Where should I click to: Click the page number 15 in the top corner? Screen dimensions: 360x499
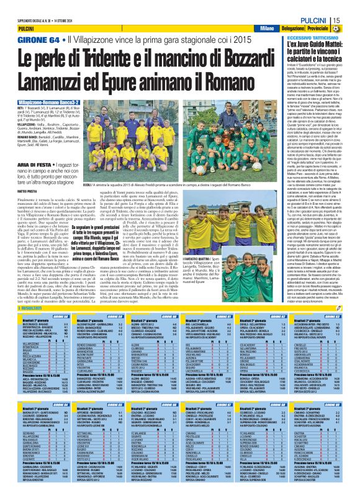coord(351,20)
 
